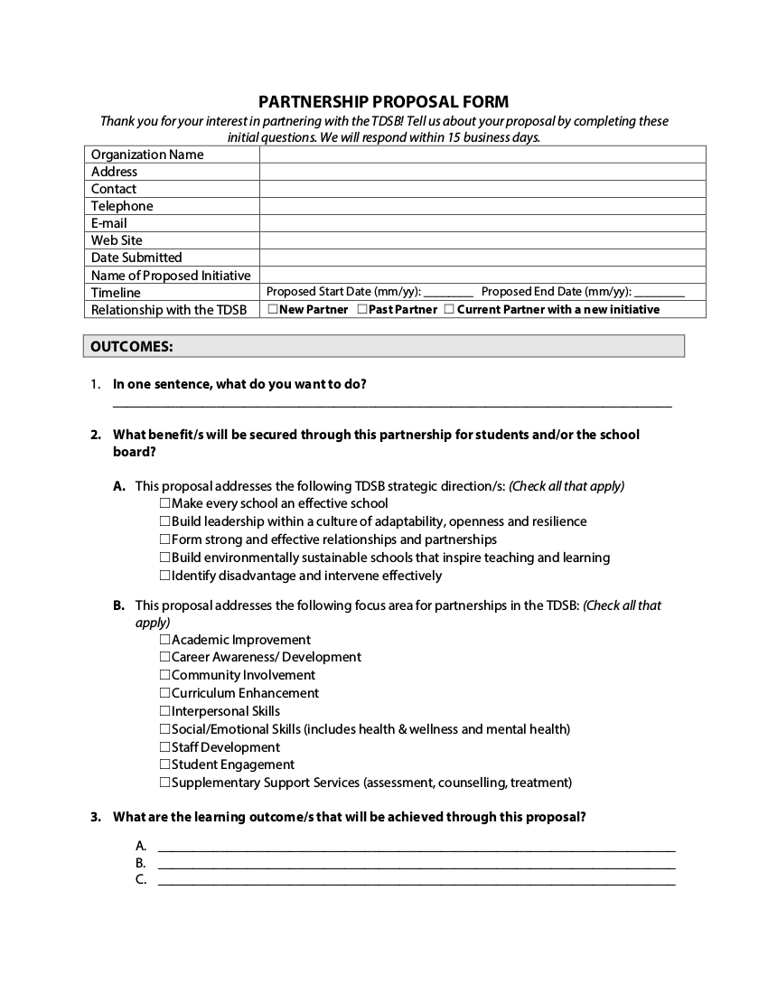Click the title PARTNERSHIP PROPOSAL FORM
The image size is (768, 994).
click(384, 102)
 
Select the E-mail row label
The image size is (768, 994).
click(109, 223)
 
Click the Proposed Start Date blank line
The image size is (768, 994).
click(448, 293)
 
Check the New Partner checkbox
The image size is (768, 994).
click(273, 309)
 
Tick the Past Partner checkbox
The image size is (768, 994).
click(361, 309)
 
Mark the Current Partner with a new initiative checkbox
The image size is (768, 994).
click(449, 309)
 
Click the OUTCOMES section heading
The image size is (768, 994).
click(132, 346)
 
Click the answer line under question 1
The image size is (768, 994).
click(392, 404)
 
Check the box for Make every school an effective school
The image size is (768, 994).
click(165, 503)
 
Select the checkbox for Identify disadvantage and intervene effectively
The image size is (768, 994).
click(165, 576)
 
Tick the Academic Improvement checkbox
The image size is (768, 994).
click(165, 640)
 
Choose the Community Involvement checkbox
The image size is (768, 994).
click(165, 675)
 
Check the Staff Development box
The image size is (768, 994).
click(165, 747)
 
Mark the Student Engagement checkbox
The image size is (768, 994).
click(165, 764)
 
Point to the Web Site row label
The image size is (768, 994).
click(117, 240)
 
